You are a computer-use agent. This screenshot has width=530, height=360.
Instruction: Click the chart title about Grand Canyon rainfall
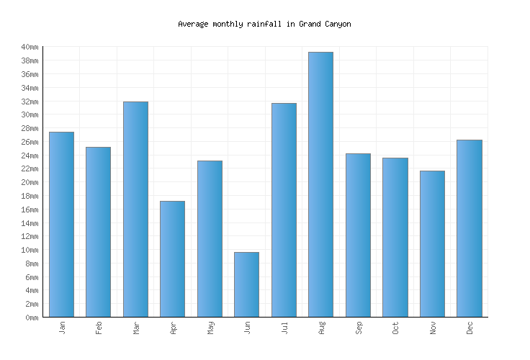264,24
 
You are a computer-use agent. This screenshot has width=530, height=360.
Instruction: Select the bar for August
320,184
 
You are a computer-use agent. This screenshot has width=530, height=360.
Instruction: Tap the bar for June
246,284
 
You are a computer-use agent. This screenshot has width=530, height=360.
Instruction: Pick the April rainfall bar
172,258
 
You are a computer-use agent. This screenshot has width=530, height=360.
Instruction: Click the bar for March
135,209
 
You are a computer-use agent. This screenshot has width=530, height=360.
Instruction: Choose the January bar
61,224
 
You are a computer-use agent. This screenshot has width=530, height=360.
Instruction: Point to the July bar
284,210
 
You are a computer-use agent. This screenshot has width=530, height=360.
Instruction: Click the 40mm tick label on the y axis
29,48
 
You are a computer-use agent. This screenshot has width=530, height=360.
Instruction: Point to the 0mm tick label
31,318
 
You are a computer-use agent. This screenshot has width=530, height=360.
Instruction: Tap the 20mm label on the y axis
29,182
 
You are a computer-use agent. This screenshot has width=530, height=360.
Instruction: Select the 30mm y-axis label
29,115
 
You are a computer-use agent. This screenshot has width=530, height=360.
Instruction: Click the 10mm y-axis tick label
29,250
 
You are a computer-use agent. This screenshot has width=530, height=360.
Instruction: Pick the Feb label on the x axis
99,328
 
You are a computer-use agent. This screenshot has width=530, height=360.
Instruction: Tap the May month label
210,328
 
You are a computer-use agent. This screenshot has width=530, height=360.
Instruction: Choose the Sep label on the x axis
359,328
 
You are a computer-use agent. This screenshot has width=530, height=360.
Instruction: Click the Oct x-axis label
395,328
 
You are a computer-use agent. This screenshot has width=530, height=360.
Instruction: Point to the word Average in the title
193,24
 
